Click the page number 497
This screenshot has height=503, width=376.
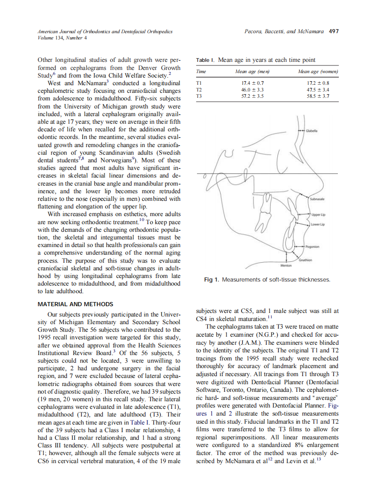click(x=333, y=31)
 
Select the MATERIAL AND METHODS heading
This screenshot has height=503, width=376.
click(x=75, y=304)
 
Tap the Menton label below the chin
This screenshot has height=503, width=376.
click(x=286, y=265)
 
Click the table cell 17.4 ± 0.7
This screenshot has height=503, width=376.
click(x=252, y=83)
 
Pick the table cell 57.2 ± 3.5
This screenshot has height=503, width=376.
click(x=252, y=96)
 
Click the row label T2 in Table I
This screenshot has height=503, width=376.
click(x=200, y=90)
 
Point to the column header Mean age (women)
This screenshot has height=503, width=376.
click(x=318, y=72)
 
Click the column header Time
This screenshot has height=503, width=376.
click(x=201, y=72)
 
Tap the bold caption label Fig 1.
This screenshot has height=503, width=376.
click(x=211, y=280)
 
